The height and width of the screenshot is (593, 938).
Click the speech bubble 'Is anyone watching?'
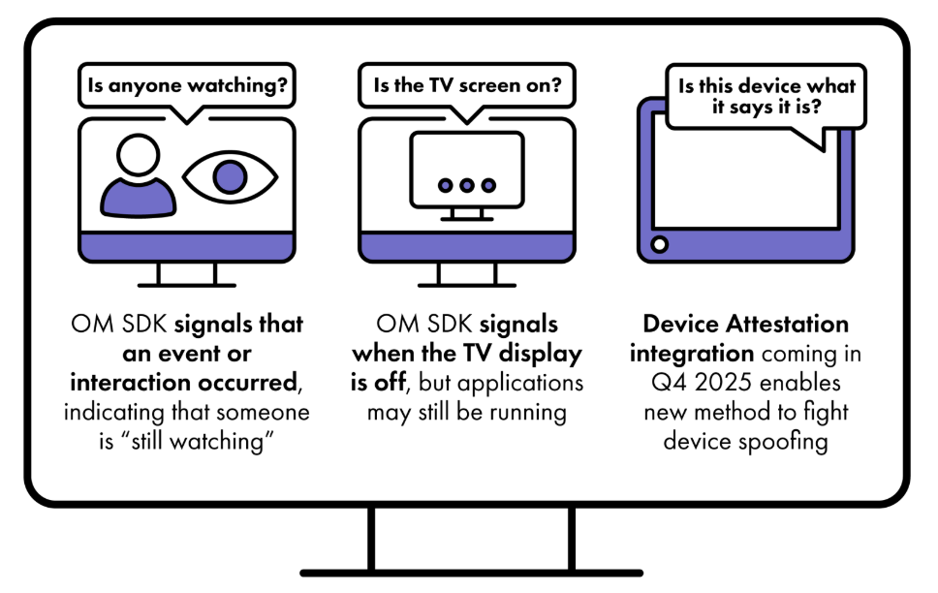[x=187, y=85]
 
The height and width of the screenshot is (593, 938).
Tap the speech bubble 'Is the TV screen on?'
[x=467, y=85]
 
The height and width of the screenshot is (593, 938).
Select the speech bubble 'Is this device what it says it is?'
[x=766, y=96]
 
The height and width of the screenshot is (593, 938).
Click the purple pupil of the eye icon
[x=231, y=177]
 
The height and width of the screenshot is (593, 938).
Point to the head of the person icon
[x=139, y=154]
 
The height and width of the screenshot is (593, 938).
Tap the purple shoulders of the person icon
[x=139, y=198]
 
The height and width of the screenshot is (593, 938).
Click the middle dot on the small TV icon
[x=467, y=185]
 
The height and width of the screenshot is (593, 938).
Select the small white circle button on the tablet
[x=659, y=244]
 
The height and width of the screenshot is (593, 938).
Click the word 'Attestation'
[x=787, y=325]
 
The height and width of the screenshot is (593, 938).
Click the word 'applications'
[x=519, y=384]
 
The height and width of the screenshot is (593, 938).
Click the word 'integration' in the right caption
[x=691, y=354]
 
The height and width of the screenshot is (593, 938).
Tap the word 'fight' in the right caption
[x=826, y=412]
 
